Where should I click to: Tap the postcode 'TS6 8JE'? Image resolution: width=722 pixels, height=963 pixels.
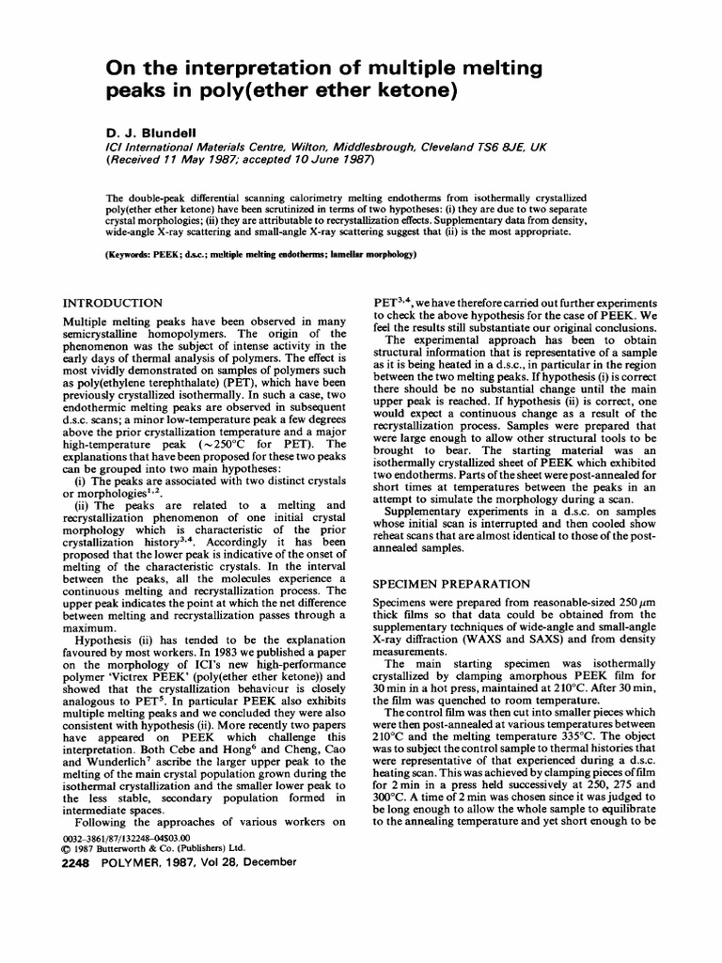click(509, 148)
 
